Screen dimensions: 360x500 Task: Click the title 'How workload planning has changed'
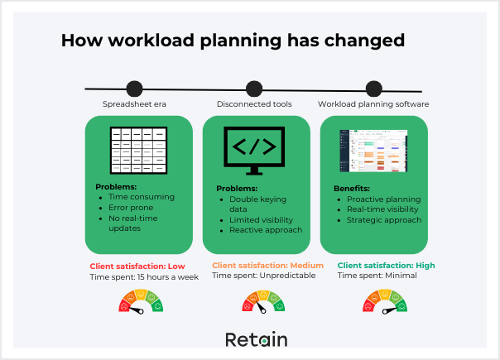point(233,41)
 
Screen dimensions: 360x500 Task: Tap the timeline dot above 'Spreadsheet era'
point(134,89)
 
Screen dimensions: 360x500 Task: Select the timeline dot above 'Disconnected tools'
point(254,89)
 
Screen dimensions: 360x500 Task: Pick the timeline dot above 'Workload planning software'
point(373,89)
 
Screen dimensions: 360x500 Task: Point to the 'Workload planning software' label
point(373,105)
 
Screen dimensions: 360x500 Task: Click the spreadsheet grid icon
point(138,150)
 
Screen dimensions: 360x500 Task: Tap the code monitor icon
point(254,151)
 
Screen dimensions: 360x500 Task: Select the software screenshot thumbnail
point(374,150)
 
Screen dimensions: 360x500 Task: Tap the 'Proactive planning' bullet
point(383,199)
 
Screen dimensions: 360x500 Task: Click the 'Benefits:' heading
point(351,188)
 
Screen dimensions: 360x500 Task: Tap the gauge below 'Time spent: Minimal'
point(384,302)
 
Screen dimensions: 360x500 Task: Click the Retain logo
point(257,339)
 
